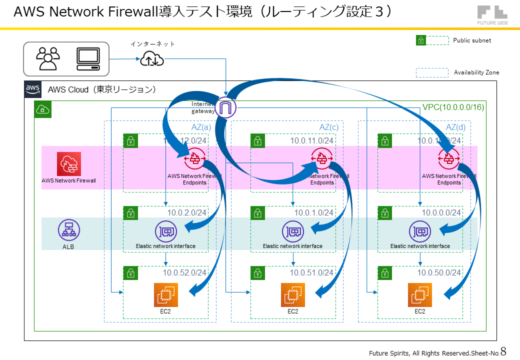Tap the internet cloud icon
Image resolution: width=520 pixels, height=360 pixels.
pyautogui.click(x=151, y=59)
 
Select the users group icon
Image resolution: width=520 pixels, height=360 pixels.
pyautogui.click(x=48, y=58)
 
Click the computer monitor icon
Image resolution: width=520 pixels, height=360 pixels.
pyautogui.click(x=88, y=58)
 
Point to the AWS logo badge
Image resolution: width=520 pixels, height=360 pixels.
pyautogui.click(x=33, y=89)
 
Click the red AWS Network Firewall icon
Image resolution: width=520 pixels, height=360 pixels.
pyautogui.click(x=69, y=163)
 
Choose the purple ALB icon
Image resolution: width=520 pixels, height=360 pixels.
pyautogui.click(x=68, y=229)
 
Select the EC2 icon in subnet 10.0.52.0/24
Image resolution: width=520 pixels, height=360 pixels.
pyautogui.click(x=165, y=294)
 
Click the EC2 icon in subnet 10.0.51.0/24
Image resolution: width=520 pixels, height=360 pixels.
pyautogui.click(x=292, y=294)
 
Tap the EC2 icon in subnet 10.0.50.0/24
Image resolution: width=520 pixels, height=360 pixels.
pyautogui.click(x=419, y=294)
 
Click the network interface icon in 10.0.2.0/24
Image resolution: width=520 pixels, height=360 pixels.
pyautogui.click(x=165, y=231)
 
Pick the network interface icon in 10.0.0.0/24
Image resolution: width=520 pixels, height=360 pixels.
pyautogui.click(x=419, y=231)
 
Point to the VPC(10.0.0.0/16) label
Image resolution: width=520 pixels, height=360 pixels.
pyautogui.click(x=453, y=107)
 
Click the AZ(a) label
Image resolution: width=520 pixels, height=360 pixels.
pyautogui.click(x=201, y=127)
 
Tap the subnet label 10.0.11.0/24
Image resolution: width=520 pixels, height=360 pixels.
pyautogui.click(x=311, y=140)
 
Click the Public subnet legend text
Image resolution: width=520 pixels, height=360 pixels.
pyautogui.click(x=472, y=40)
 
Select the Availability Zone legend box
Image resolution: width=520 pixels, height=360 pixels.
pyautogui.click(x=432, y=72)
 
